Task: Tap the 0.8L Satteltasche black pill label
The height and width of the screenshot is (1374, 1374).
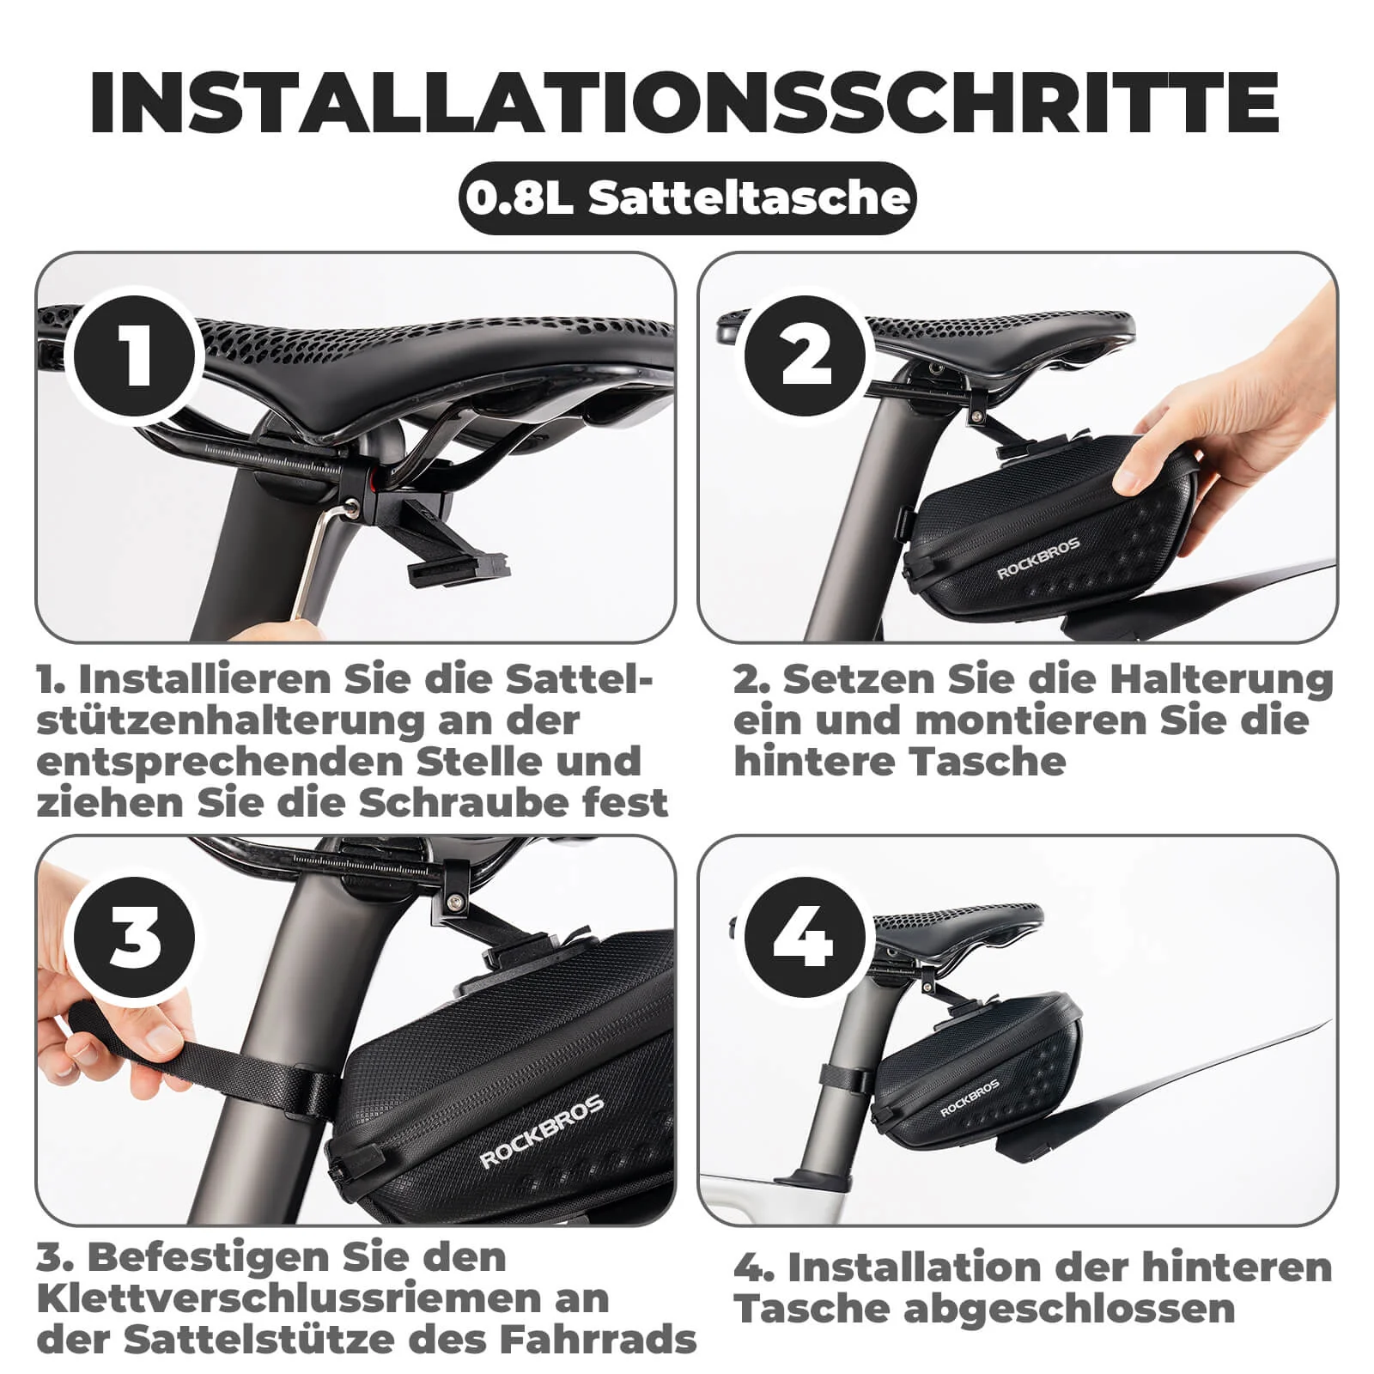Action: pyautogui.click(x=687, y=198)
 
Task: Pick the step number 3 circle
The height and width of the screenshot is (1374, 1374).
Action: pyautogui.click(x=135, y=936)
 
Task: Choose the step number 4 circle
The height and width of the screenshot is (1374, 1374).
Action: pyautogui.click(x=803, y=936)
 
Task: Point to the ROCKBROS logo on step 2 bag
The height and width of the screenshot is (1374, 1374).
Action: pyautogui.click(x=1037, y=559)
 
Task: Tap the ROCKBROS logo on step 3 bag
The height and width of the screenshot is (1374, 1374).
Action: pyautogui.click(x=541, y=1132)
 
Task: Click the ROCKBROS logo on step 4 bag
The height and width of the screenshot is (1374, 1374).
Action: pyautogui.click(x=970, y=1098)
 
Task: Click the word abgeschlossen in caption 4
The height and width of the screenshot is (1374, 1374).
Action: pyautogui.click(x=1069, y=1309)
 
